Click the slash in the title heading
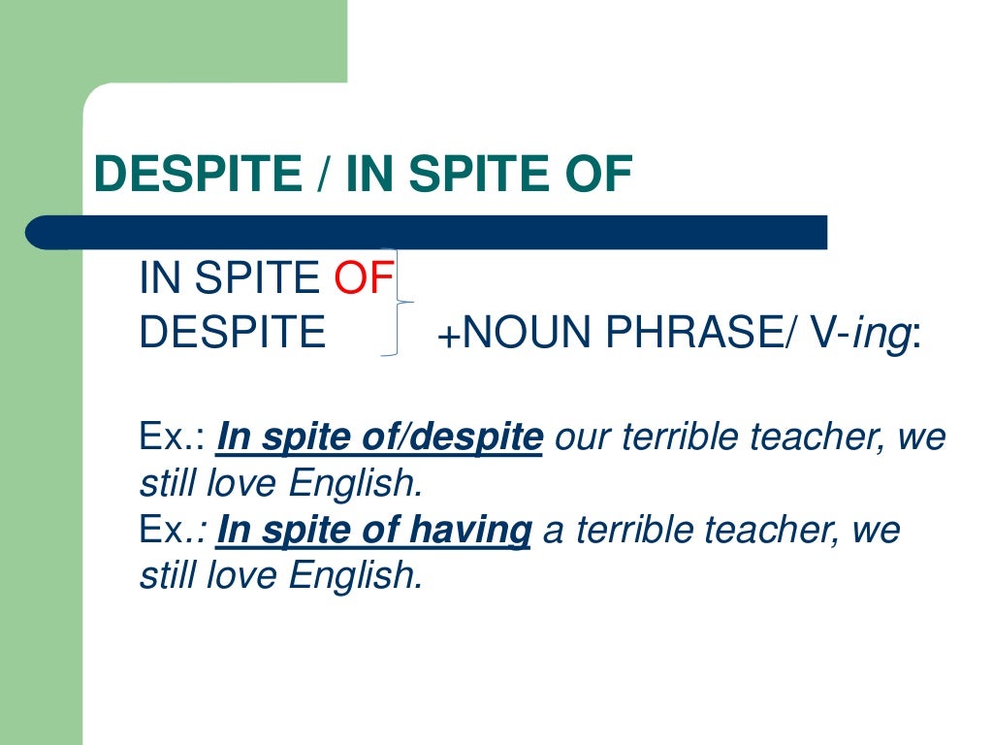pyautogui.click(x=324, y=176)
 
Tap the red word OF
pyautogui.click(x=364, y=279)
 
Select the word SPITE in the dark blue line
pyautogui.click(x=256, y=279)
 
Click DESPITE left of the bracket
pyautogui.click(x=233, y=333)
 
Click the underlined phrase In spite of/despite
pyautogui.click(x=379, y=438)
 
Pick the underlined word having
pyautogui.click(x=475, y=531)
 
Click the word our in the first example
pyautogui.click(x=581, y=438)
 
